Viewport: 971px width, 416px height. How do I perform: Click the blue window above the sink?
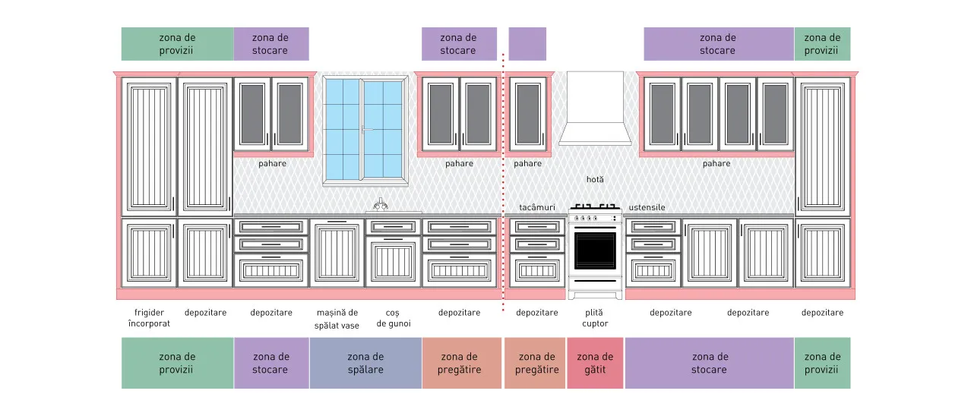click(365, 130)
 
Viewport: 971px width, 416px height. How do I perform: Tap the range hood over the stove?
click(595, 109)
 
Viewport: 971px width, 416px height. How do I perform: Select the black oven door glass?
click(595, 251)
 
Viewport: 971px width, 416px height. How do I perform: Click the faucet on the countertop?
click(380, 205)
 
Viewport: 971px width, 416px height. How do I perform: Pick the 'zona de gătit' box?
click(595, 363)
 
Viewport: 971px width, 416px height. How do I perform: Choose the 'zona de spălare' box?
click(365, 363)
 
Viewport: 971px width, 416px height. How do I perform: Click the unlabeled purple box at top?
click(527, 44)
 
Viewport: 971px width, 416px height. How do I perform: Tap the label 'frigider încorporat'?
click(149, 318)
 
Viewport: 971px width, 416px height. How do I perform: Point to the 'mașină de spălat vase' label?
click(337, 319)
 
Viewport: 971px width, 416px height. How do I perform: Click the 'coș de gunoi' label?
click(393, 318)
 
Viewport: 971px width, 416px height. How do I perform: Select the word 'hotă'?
click(595, 179)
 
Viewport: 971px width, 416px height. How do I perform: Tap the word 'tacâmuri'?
click(537, 207)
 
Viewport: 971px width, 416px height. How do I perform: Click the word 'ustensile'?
click(647, 207)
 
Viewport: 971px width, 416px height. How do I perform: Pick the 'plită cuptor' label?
click(595, 318)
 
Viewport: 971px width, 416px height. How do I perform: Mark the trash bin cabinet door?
click(393, 261)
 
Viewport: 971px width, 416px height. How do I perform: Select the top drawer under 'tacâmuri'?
click(537, 227)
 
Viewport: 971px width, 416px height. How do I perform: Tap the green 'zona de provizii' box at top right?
click(822, 44)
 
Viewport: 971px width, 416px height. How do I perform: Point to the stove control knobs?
click(586, 218)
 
